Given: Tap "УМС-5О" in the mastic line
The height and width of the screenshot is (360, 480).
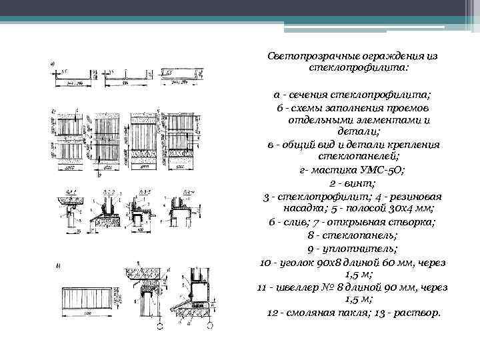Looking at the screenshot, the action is [382, 169].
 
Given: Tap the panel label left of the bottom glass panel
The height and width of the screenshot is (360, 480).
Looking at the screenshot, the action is [57, 267].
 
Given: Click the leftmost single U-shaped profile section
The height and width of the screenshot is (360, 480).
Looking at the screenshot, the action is [73, 79].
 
